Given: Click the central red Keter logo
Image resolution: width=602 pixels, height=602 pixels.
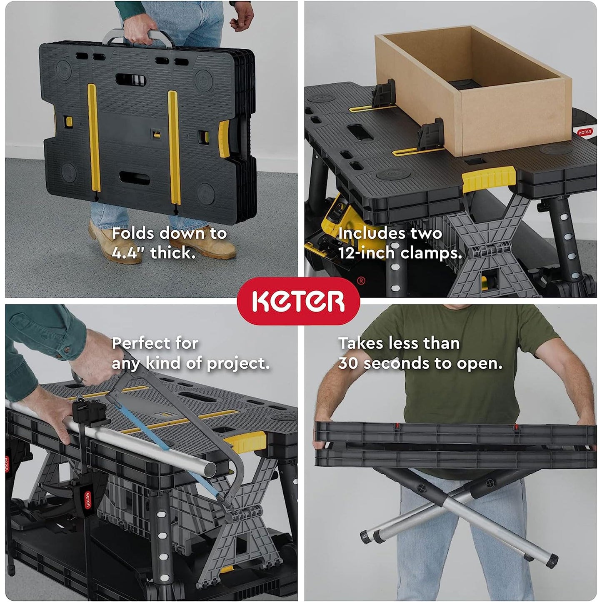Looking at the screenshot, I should point(298,301).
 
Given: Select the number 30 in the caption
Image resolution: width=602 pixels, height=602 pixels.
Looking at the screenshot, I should point(348,363).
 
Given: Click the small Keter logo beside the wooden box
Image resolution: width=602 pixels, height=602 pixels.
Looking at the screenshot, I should point(584,132).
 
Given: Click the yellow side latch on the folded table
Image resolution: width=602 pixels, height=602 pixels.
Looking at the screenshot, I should point(224,139).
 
